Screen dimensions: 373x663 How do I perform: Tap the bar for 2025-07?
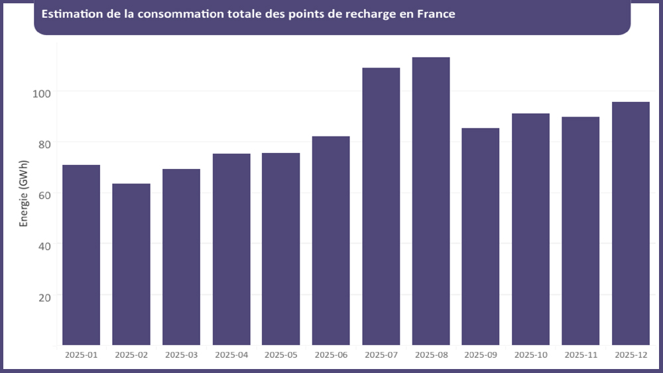click(381, 206)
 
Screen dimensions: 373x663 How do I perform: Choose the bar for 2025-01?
click(81, 254)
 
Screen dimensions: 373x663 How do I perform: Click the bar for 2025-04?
click(231, 249)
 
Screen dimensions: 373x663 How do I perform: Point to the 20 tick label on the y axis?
click(44, 295)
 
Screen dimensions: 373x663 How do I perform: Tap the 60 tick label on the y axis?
click(44, 193)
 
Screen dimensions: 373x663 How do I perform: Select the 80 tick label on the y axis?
click(44, 142)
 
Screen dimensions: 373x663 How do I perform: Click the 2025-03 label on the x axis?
click(182, 355)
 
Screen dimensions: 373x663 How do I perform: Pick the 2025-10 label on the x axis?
click(530, 355)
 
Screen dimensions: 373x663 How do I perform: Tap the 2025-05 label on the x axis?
click(281, 355)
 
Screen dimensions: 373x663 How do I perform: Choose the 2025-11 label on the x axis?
click(581, 355)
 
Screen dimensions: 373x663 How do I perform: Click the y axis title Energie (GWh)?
click(24, 193)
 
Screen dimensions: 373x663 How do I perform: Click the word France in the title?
click(436, 14)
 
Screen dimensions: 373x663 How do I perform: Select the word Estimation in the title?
click(69, 14)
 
